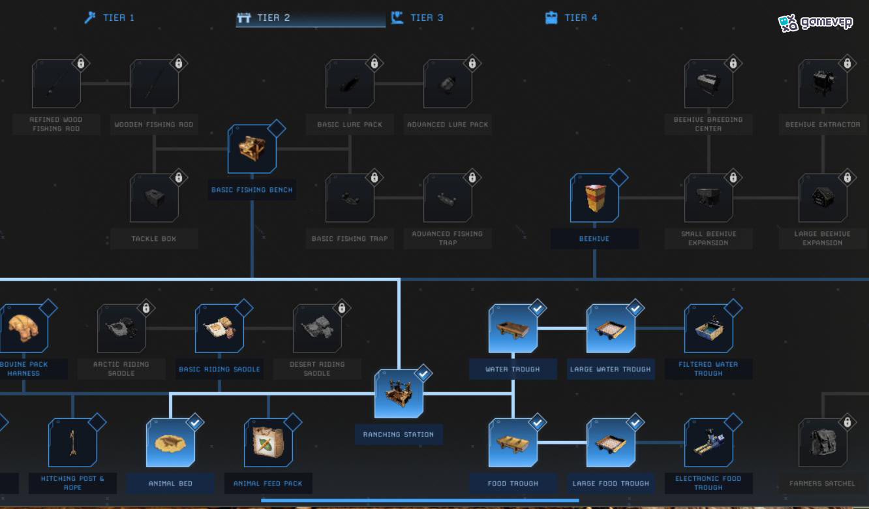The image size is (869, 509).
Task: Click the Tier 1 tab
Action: pyautogui.click(x=110, y=18)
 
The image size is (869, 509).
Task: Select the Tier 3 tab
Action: pyautogui.click(x=418, y=18)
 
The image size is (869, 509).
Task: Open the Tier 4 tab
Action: pyautogui.click(x=571, y=18)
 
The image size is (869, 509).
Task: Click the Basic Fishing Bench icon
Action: pyautogui.click(x=252, y=149)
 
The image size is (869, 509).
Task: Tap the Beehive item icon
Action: pyautogui.click(x=595, y=198)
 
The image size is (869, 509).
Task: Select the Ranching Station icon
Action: pyautogui.click(x=399, y=393)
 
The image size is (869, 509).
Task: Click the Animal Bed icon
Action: pyautogui.click(x=171, y=442)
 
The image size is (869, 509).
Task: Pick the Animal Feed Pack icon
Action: pyautogui.click(x=268, y=442)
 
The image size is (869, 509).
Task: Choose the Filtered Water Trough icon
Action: pyautogui.click(x=709, y=328)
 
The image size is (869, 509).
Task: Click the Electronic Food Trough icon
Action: pyautogui.click(x=709, y=442)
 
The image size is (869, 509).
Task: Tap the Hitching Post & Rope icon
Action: pyautogui.click(x=72, y=442)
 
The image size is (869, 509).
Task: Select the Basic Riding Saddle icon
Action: pyautogui.click(x=220, y=328)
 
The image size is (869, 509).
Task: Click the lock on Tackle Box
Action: pyautogui.click(x=179, y=177)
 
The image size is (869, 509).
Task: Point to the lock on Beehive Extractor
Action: pyautogui.click(x=847, y=63)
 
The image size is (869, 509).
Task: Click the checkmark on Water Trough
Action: pyautogui.click(x=538, y=309)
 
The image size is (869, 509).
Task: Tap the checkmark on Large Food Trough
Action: pyautogui.click(x=635, y=422)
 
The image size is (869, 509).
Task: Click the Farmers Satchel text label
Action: pyautogui.click(x=823, y=484)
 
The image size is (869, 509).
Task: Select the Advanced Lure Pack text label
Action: pyautogui.click(x=448, y=125)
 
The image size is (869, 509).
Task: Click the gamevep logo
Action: pyautogui.click(x=816, y=23)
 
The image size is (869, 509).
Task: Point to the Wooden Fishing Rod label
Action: pyautogui.click(x=154, y=125)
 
